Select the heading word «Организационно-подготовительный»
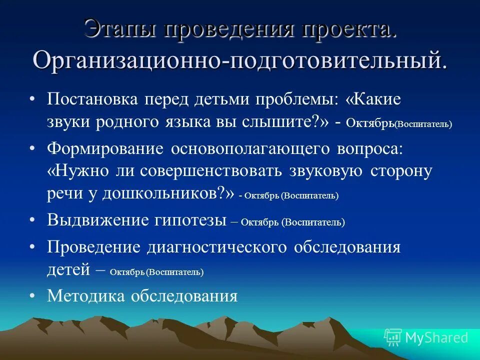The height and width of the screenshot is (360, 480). point(240,60)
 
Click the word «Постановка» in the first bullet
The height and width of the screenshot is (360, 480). point(92,98)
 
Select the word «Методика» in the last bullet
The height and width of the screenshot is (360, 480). point(86,296)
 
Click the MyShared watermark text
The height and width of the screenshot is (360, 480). point(436,338)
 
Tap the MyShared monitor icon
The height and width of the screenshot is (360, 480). point(392,337)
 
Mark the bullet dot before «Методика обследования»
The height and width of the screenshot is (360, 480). point(32,296)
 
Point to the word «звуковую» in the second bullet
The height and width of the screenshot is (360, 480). point(325,171)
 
